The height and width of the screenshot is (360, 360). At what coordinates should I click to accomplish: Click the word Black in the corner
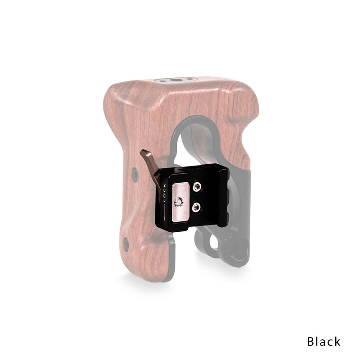[324, 342]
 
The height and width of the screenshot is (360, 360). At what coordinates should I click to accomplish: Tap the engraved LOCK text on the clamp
[164, 193]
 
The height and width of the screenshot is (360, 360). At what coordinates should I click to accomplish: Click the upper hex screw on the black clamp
[197, 187]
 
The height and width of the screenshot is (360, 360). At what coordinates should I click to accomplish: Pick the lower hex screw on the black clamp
[196, 207]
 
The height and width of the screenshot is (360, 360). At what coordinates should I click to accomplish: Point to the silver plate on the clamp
[181, 202]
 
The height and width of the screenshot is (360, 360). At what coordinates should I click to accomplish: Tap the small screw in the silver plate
[179, 202]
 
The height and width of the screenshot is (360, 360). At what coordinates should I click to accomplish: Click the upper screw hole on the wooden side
[135, 175]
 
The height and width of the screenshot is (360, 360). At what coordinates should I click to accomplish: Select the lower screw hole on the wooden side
[126, 244]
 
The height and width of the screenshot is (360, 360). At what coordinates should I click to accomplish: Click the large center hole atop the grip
[176, 80]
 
